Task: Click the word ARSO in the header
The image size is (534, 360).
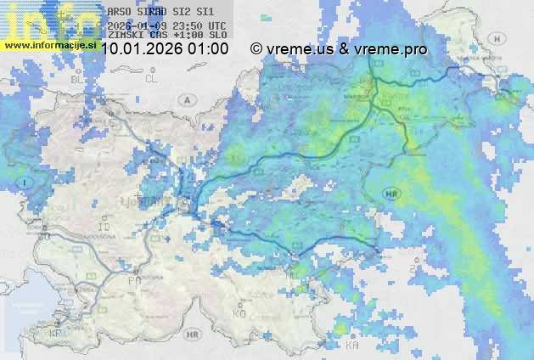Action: [x=119, y=13]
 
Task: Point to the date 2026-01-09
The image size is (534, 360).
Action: [x=138, y=25]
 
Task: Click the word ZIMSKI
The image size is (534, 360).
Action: [x=126, y=36]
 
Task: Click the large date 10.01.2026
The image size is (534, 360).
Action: [x=143, y=50]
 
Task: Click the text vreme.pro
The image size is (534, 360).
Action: [x=394, y=50]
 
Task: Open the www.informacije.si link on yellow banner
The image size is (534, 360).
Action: [x=50, y=44]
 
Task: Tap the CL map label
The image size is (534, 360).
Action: [x=152, y=79]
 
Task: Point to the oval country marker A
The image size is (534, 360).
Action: [x=186, y=99]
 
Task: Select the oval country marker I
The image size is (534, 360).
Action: [x=26, y=182]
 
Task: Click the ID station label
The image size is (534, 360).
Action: [x=105, y=228]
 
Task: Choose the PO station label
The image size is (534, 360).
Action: [x=132, y=280]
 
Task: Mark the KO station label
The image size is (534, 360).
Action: [x=239, y=314]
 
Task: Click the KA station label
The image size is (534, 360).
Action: [x=352, y=346]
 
